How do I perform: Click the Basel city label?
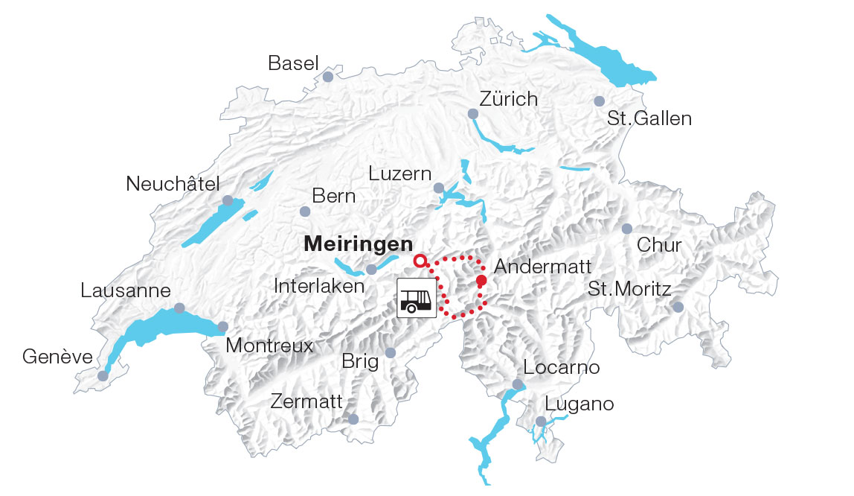[293, 63]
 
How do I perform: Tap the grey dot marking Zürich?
[472, 113]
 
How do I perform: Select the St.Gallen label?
[649, 118]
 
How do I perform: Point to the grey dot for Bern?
[304, 212]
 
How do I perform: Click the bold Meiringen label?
[358, 244]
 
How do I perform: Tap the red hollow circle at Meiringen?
[420, 261]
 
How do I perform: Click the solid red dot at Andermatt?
[481, 280]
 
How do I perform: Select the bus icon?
[417, 298]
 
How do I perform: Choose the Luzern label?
[400, 174]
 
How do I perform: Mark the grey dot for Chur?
[626, 229]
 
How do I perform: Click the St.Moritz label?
[629, 289]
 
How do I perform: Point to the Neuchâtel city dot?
[228, 200]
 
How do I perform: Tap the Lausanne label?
[126, 290]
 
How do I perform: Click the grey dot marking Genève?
[103, 376]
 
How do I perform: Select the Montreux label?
[269, 346]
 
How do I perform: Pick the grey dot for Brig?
[391, 352]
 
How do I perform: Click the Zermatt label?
[306, 402]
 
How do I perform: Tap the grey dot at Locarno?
[518, 385]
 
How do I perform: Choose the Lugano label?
[579, 404]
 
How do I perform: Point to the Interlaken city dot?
[371, 269]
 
